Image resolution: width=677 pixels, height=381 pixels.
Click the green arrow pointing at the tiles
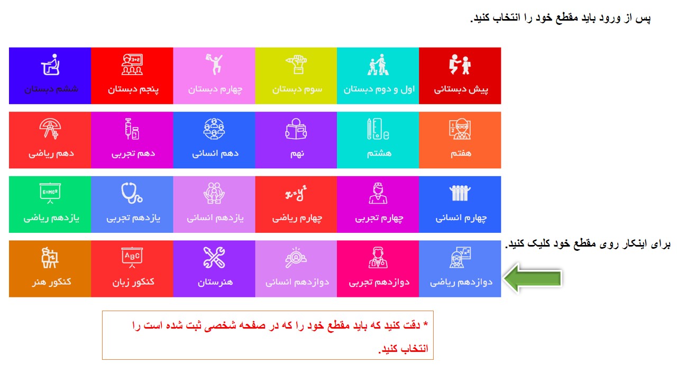[533, 278]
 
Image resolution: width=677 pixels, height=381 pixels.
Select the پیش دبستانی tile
[460, 76]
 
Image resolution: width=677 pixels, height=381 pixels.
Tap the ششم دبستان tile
[50, 76]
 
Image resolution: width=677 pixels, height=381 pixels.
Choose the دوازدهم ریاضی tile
[460, 268]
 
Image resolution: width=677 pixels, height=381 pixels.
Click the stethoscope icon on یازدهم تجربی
[132, 193]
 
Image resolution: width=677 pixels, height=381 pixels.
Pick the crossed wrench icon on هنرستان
[214, 258]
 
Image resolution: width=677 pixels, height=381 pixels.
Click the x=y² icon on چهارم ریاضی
[296, 193]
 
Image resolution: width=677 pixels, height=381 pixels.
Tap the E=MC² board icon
[50, 193]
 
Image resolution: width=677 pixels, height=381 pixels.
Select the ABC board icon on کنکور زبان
[132, 258]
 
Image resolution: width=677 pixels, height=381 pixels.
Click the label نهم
[297, 153]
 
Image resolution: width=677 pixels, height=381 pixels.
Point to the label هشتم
[379, 153]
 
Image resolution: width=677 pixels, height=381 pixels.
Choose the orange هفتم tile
[460, 140]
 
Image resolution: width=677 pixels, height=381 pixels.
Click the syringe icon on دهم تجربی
[132, 129]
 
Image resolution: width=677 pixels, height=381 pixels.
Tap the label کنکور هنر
[51, 282]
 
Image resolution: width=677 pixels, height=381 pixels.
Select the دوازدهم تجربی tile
[378, 268]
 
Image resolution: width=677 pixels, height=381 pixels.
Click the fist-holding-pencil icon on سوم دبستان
[296, 65]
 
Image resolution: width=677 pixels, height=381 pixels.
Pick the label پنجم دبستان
[133, 89]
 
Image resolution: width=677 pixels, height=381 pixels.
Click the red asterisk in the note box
[426, 324]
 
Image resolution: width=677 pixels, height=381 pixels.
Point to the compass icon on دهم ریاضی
[50, 129]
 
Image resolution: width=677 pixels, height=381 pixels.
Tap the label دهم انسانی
[215, 153]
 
